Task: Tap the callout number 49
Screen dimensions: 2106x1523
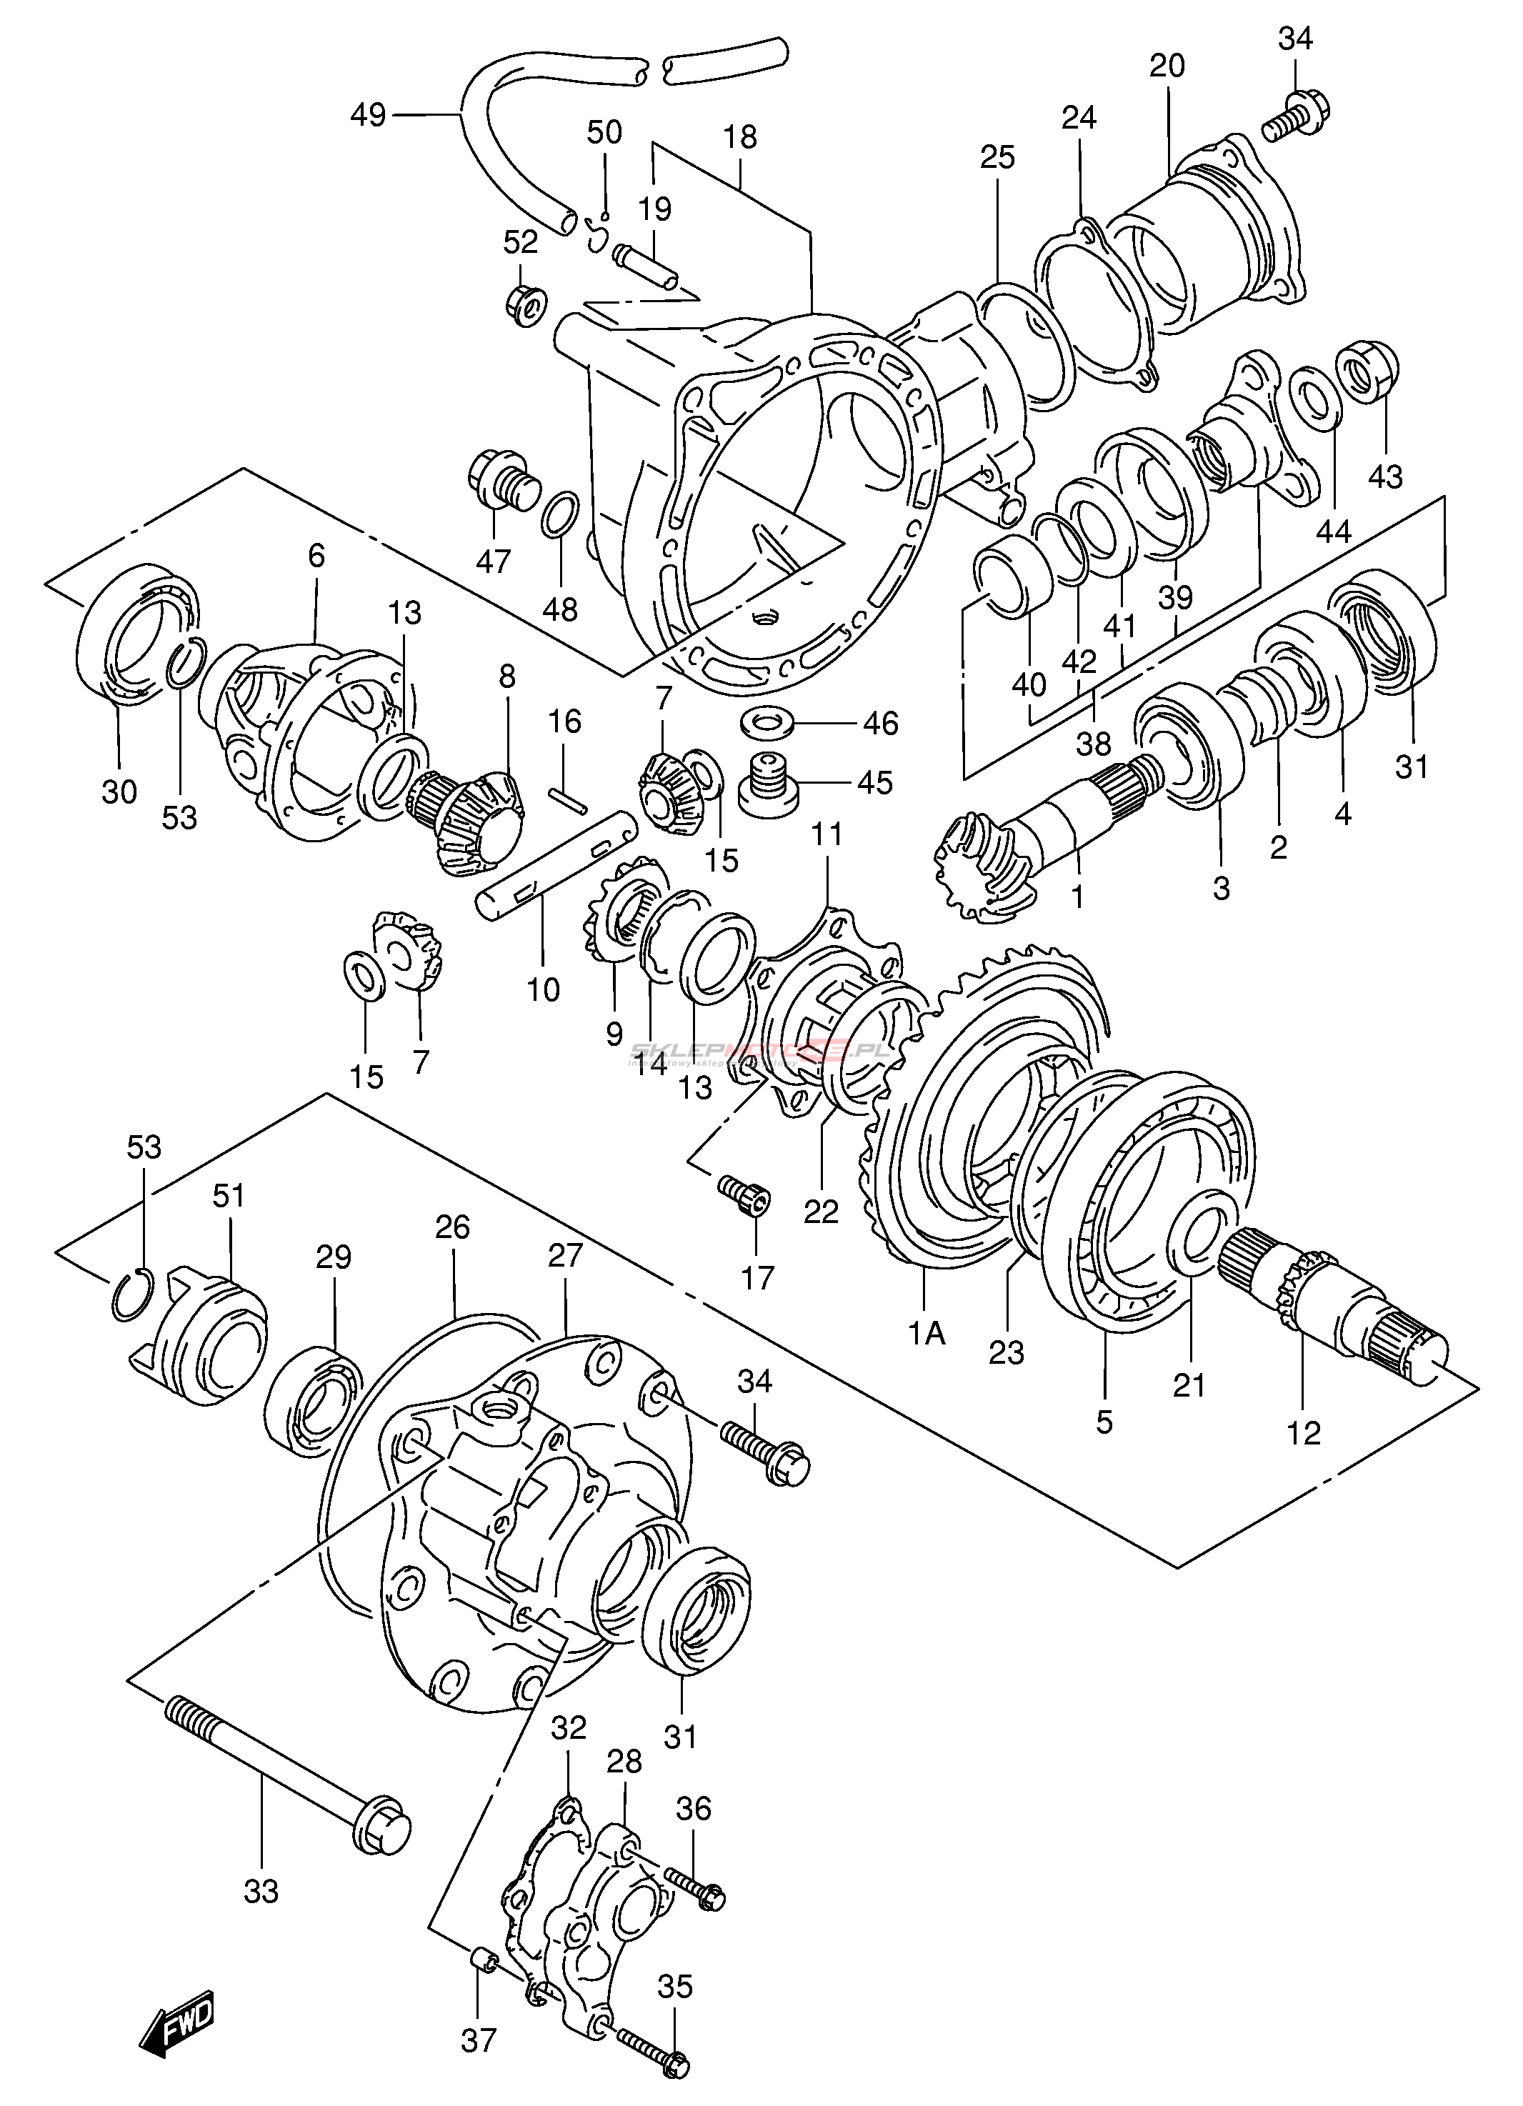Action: coord(368,116)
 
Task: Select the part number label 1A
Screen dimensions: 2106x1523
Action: coord(927,1334)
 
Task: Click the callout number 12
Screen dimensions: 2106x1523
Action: coord(1304,1433)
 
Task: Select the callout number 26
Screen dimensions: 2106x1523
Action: coord(453,1227)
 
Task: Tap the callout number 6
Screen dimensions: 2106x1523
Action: coord(316,557)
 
